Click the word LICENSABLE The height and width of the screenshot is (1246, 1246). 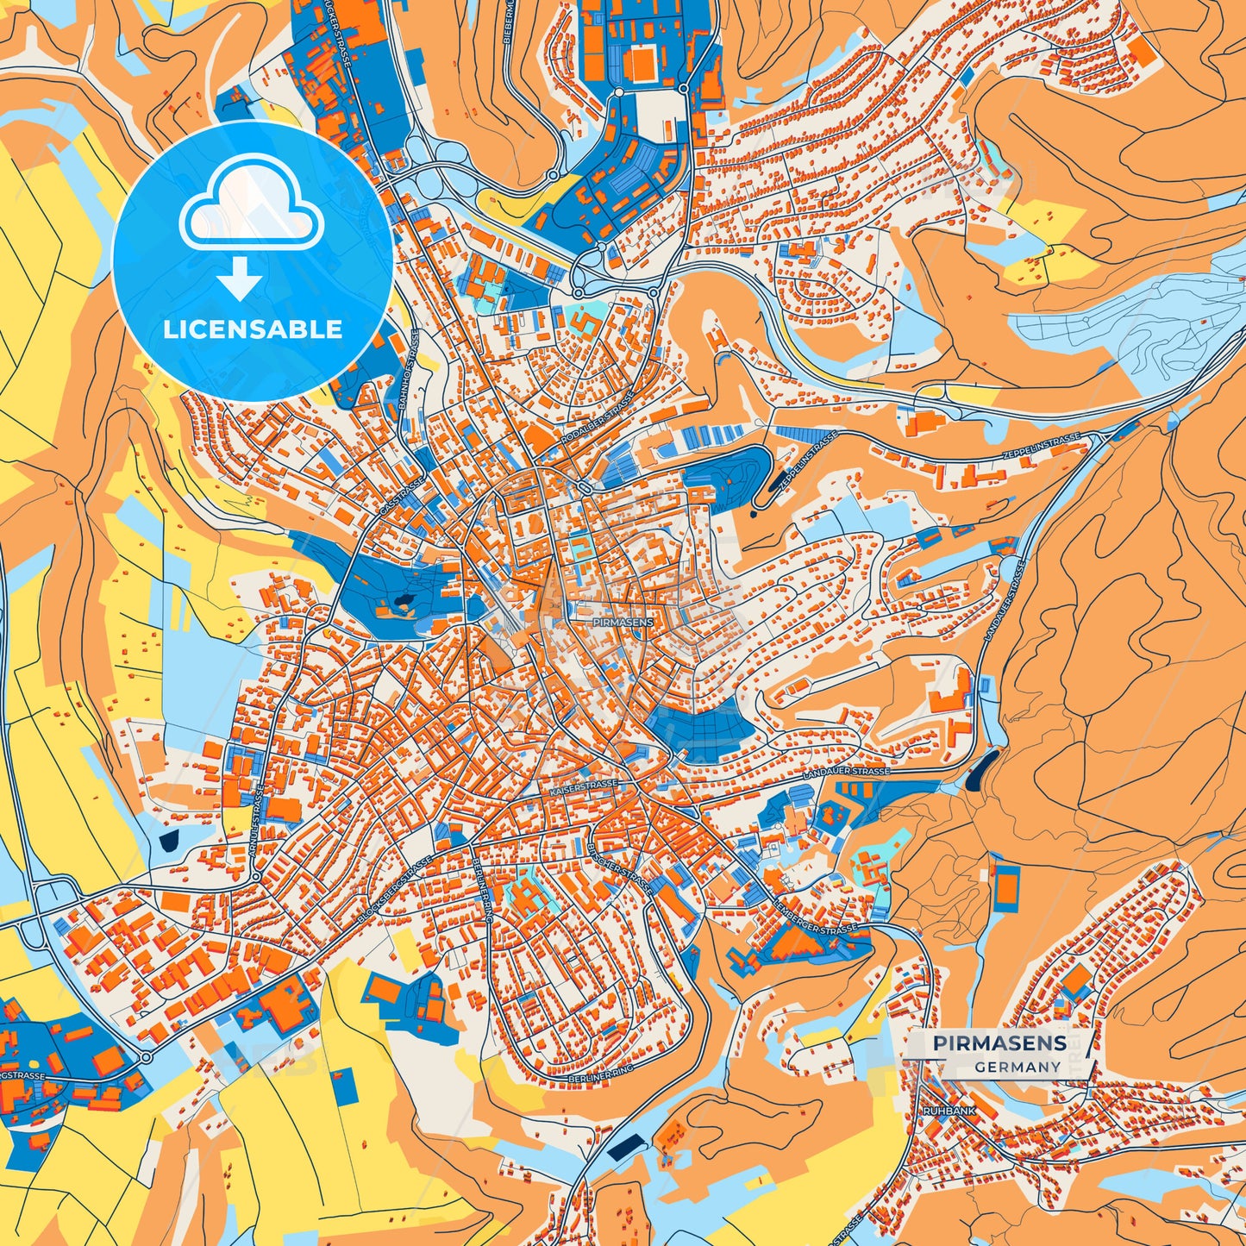(x=253, y=329)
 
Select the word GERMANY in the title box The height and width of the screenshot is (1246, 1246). (x=1017, y=1067)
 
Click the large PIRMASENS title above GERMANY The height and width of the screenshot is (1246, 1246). (x=999, y=1043)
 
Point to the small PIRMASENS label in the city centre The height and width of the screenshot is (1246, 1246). (x=623, y=621)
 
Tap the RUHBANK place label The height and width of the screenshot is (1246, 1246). (x=949, y=1111)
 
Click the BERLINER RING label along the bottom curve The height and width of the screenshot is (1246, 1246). (x=602, y=1077)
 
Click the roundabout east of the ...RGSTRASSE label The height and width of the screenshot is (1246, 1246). (x=145, y=1057)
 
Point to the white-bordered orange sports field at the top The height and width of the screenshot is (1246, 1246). (x=640, y=63)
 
